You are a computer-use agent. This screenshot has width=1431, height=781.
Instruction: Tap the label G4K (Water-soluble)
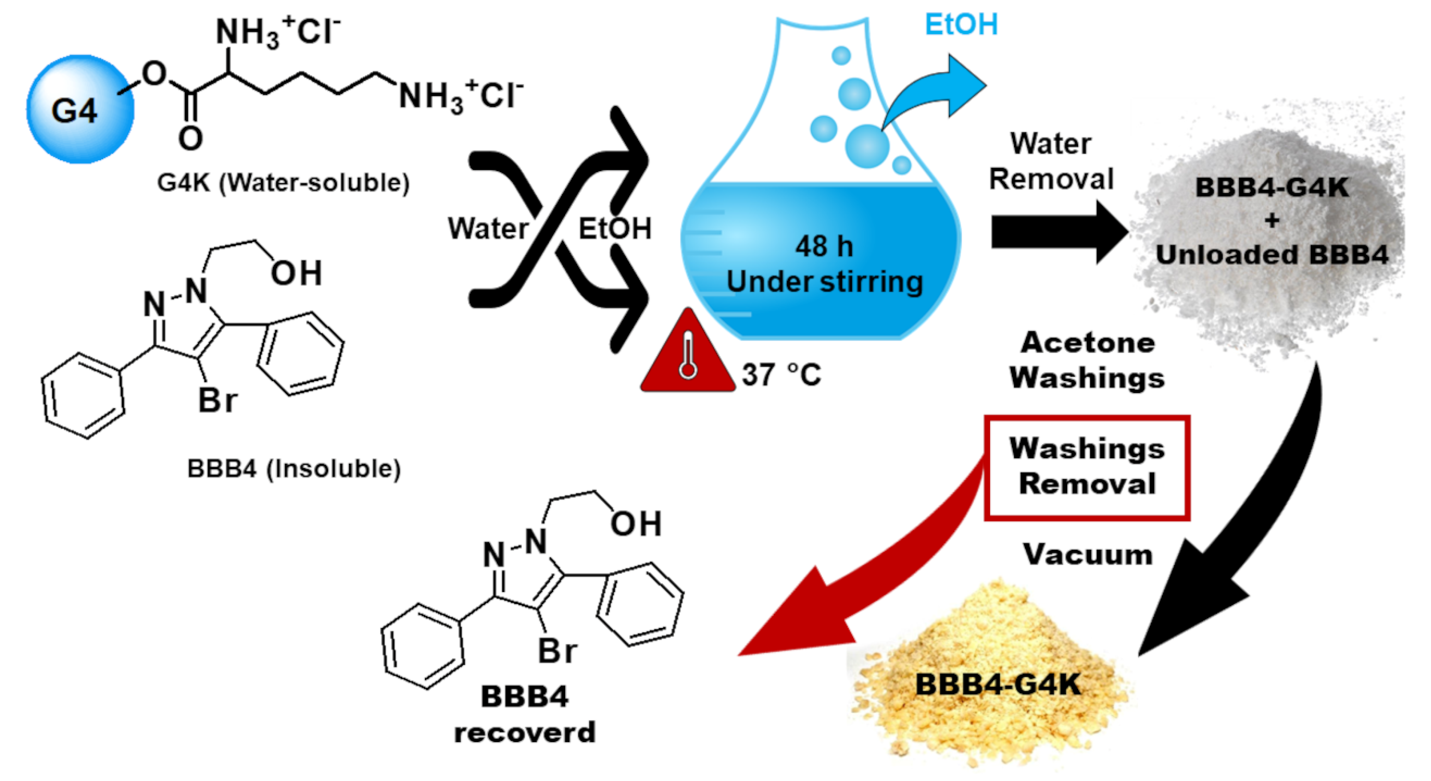(283, 182)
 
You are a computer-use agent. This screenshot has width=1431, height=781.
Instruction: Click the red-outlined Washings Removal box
(1086, 467)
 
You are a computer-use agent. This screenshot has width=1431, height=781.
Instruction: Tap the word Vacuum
(1088, 554)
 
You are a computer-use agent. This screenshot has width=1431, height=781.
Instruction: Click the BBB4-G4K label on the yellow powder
(998, 684)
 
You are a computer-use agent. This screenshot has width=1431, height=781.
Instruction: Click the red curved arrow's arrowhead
(789, 623)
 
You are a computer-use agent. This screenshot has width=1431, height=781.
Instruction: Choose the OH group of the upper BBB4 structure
(296, 273)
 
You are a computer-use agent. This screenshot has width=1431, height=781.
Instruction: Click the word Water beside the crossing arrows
(488, 228)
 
